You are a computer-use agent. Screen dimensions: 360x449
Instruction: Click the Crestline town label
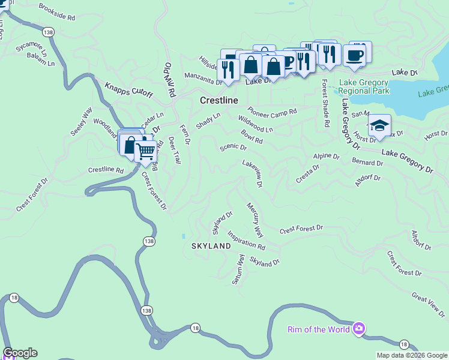(x=218, y=101)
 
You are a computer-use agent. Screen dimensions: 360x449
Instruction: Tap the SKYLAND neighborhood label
(x=211, y=246)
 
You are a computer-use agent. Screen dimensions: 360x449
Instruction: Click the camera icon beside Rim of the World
(x=359, y=328)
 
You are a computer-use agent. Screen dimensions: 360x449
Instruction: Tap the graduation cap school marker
(x=379, y=126)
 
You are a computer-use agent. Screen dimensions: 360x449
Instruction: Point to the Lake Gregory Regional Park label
(x=364, y=87)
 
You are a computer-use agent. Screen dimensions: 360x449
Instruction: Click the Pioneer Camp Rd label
(x=273, y=112)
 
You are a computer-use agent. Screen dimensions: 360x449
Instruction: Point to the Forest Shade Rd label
(x=325, y=103)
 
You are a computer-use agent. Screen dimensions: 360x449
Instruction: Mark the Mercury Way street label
(x=255, y=219)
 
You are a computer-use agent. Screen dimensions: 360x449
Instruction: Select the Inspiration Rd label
(x=246, y=242)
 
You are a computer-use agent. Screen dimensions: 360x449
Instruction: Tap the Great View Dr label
(x=428, y=304)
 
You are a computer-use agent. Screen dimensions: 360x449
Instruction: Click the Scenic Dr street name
(x=234, y=147)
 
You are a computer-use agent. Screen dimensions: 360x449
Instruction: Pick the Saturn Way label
(x=238, y=269)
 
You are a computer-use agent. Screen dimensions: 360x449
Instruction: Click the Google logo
(x=20, y=353)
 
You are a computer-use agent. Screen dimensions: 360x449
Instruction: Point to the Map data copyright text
(x=411, y=355)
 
